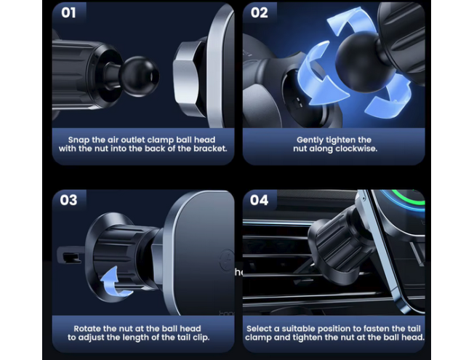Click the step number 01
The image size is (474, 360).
coord(68,13)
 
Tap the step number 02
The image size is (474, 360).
coord(259,13)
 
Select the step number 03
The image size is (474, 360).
coord(68,200)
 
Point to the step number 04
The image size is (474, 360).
coord(259,200)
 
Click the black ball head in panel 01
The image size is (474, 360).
coord(139,76)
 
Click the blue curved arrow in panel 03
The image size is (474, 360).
coord(114,282)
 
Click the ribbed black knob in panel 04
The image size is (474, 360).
coord(338,239)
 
